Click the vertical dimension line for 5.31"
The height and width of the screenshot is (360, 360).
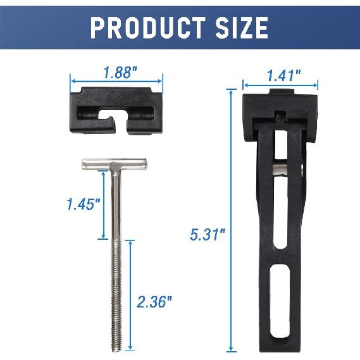[x=232, y=221]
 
